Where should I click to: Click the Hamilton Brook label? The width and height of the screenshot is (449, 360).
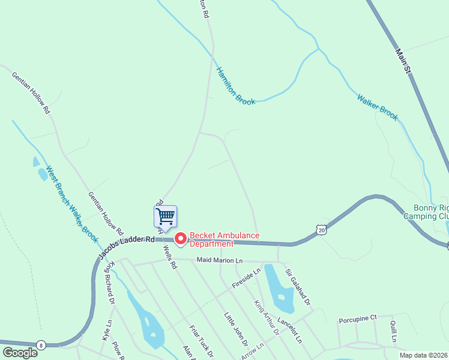click(236, 86)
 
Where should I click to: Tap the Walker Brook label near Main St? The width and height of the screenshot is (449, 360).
click(377, 107)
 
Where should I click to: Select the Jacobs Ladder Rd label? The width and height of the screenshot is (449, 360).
click(127, 244)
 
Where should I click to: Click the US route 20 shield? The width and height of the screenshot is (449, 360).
click(322, 230)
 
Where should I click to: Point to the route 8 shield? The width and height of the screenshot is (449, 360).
click(40, 344)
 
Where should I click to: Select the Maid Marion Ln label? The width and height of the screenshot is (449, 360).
click(220, 260)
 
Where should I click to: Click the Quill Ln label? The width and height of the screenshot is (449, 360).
click(393, 331)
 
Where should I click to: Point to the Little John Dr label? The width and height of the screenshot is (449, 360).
click(236, 329)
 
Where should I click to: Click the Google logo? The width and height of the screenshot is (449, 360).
click(19, 352)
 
